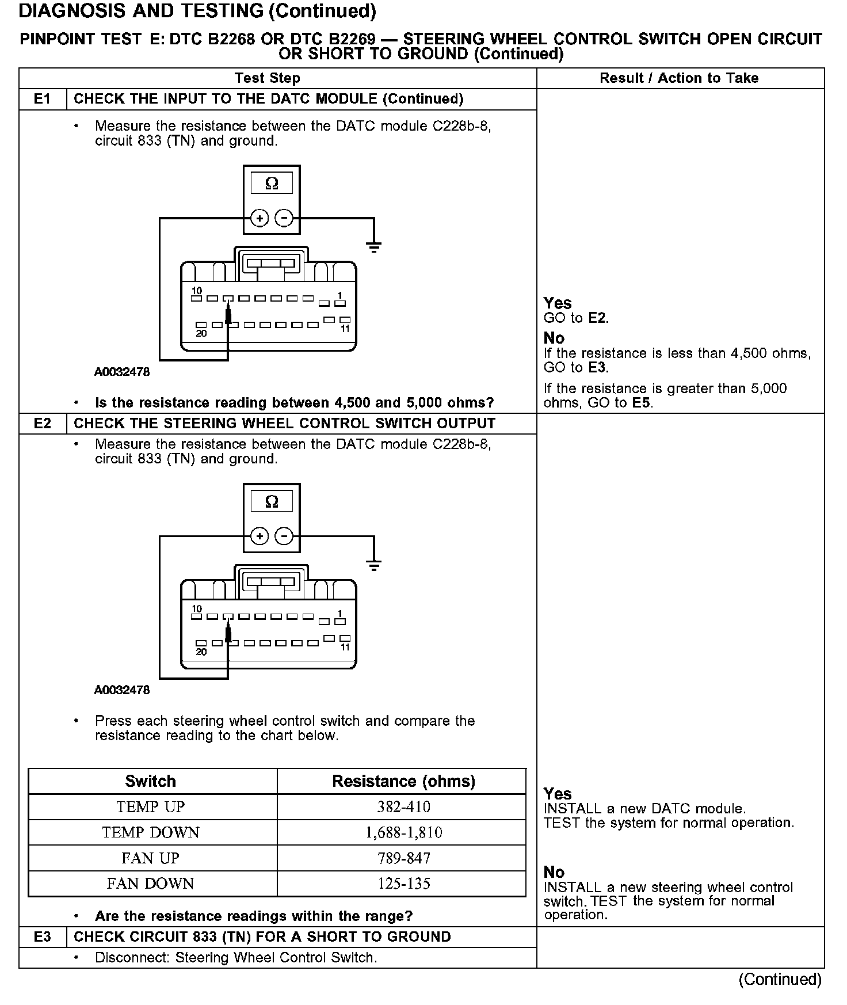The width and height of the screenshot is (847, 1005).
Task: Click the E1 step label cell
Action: (x=43, y=99)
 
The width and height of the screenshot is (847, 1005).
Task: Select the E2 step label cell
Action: (x=43, y=424)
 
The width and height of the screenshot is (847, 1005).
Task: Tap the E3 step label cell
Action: (x=43, y=937)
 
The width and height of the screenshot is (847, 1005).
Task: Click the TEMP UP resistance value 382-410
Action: (x=403, y=807)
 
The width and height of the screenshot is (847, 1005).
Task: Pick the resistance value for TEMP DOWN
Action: (x=403, y=832)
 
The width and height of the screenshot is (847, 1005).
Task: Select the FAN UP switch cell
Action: (x=151, y=858)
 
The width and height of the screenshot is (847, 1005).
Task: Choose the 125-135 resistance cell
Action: (x=403, y=884)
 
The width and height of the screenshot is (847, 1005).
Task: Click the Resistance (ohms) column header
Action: (x=403, y=781)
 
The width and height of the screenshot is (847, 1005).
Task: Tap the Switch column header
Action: (x=151, y=781)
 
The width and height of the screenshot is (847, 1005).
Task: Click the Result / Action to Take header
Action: (x=679, y=78)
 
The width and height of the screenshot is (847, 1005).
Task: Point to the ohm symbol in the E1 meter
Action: (x=272, y=184)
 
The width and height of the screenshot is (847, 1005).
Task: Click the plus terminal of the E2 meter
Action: (x=260, y=536)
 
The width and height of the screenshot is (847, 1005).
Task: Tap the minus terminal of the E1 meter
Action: (x=284, y=219)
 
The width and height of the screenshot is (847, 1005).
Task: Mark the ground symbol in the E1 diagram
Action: (x=374, y=248)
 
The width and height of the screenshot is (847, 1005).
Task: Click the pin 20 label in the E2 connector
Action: (x=201, y=652)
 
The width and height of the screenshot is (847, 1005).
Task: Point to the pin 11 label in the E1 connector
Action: (x=345, y=329)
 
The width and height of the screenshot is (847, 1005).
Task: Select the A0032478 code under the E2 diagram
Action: (x=122, y=690)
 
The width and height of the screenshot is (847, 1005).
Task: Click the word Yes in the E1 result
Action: (x=558, y=303)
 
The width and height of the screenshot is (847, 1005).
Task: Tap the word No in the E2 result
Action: (x=554, y=872)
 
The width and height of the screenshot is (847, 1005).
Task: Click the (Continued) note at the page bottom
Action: (x=780, y=979)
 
